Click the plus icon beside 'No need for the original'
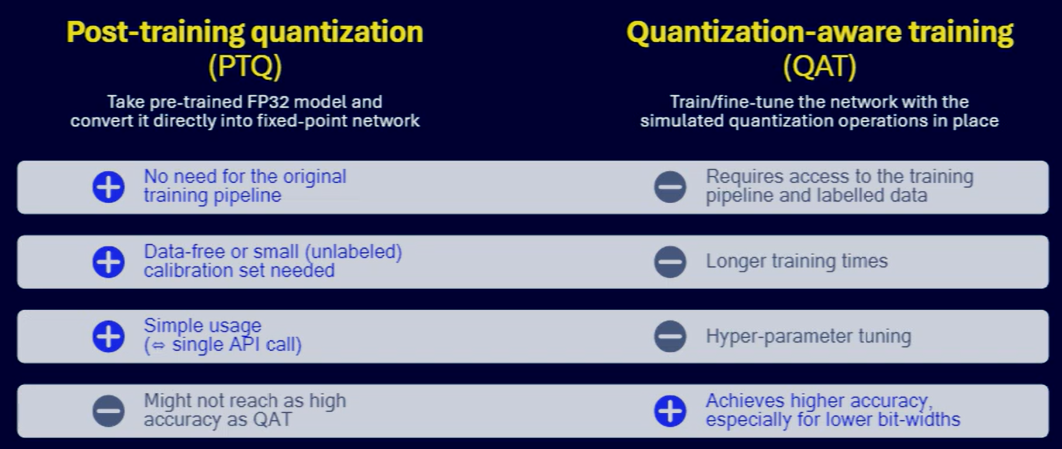coord(108,187)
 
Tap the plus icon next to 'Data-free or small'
coord(108,262)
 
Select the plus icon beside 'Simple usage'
coord(108,337)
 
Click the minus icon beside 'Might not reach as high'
coord(108,411)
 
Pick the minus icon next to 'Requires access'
coord(670,187)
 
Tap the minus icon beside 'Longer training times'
coord(670,262)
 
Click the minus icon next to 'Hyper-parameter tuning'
coord(670,337)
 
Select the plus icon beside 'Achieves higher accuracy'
coord(670,411)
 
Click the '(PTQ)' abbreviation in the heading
coord(245,66)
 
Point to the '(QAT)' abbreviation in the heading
coord(820,66)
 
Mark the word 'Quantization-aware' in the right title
coord(764,32)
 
